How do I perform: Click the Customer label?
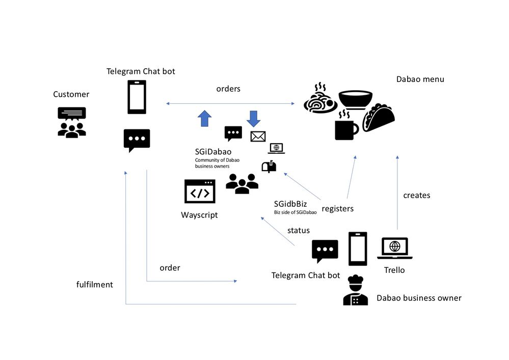[x=71, y=94]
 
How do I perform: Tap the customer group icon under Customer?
[x=72, y=122]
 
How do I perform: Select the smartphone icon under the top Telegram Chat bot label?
[x=137, y=97]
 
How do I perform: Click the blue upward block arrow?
[x=204, y=118]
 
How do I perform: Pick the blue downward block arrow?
[x=253, y=118]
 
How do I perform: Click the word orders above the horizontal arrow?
[x=228, y=89]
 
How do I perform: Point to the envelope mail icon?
[x=258, y=136]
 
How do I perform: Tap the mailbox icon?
[x=269, y=166]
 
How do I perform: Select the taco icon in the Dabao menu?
[x=379, y=118]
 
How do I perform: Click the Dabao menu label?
[x=420, y=79]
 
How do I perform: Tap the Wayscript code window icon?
[x=200, y=191]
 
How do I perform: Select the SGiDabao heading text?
[x=213, y=151]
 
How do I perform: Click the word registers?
[x=337, y=208]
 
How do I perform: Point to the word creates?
[x=416, y=195]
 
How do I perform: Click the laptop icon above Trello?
[x=394, y=248]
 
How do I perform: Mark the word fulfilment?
[x=94, y=284]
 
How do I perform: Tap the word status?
[x=298, y=230]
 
